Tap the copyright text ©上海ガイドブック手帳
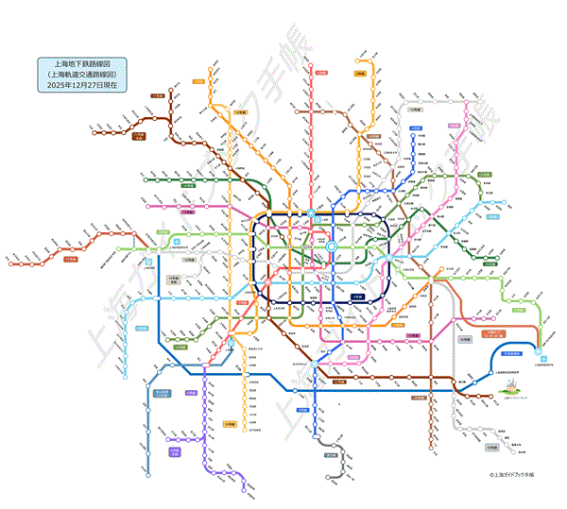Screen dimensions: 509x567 [x=506, y=478]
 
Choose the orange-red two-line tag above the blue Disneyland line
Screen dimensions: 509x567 [x=495, y=335]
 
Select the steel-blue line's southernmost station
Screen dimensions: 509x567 [x=149, y=475]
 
